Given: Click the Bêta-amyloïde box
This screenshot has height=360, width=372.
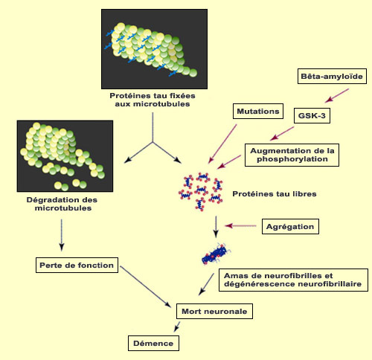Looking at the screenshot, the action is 332,76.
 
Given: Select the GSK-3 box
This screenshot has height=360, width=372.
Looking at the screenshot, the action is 312,115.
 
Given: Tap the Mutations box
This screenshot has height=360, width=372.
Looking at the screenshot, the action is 258,112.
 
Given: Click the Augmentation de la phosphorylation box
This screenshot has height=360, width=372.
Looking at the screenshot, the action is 292,155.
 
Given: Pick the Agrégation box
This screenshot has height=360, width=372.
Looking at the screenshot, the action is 290,226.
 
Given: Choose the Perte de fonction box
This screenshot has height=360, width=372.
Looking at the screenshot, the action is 77,265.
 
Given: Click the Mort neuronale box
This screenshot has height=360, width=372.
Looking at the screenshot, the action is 214,311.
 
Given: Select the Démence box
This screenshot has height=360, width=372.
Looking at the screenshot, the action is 153,343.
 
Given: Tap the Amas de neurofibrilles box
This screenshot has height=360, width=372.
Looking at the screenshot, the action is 293,280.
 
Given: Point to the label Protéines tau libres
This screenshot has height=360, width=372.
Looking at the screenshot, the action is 275,194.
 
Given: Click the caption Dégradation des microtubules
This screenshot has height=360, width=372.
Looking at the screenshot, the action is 62,204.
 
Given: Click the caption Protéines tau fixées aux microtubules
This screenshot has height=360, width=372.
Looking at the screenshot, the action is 153,100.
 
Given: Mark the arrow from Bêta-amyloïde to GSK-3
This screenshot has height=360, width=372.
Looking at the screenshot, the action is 337,96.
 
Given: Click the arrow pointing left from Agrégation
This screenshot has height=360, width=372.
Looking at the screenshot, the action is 240,226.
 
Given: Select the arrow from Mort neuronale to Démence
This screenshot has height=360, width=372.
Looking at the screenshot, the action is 177,327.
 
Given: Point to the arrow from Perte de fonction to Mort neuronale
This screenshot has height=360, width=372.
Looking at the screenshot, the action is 146,286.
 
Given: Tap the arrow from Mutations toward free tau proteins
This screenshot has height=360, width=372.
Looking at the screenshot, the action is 222,144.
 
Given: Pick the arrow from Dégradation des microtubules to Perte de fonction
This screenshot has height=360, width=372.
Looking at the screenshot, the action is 62,235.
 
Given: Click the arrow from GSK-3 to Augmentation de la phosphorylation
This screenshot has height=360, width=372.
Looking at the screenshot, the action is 282,134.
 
